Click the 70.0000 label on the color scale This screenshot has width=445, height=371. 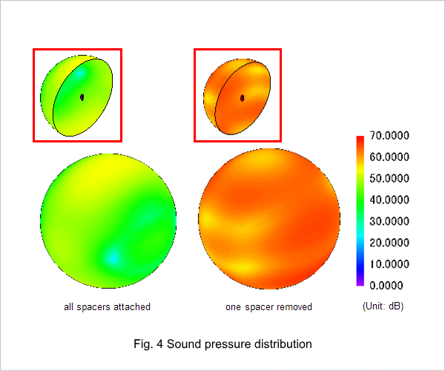pyautogui.click(x=389, y=135)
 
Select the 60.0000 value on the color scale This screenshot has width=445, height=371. pyautogui.click(x=389, y=157)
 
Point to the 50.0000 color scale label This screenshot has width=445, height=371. pyautogui.click(x=389, y=178)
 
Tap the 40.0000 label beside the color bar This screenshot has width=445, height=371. pyautogui.click(x=389, y=200)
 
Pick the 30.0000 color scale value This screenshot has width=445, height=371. pyautogui.click(x=389, y=221)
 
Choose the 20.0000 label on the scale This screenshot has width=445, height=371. pyautogui.click(x=389, y=243)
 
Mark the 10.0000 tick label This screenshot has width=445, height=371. pyautogui.click(x=389, y=264)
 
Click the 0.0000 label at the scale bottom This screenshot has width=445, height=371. pyautogui.click(x=386, y=285)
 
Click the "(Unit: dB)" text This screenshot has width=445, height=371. pyautogui.click(x=383, y=306)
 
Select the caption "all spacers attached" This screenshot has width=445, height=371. pyautogui.click(x=107, y=307)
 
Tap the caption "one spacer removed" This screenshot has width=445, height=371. pyautogui.click(x=268, y=307)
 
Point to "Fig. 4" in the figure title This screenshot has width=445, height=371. pyautogui.click(x=148, y=344)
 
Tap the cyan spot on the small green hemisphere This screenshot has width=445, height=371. pyautogui.click(x=79, y=73)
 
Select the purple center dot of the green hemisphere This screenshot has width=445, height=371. pyautogui.click(x=82, y=97)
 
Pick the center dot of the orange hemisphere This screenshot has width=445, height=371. pyautogui.click(x=242, y=98)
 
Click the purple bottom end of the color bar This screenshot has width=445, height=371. pyautogui.click(x=360, y=283)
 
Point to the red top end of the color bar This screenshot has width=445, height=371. pyautogui.click(x=360, y=139)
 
